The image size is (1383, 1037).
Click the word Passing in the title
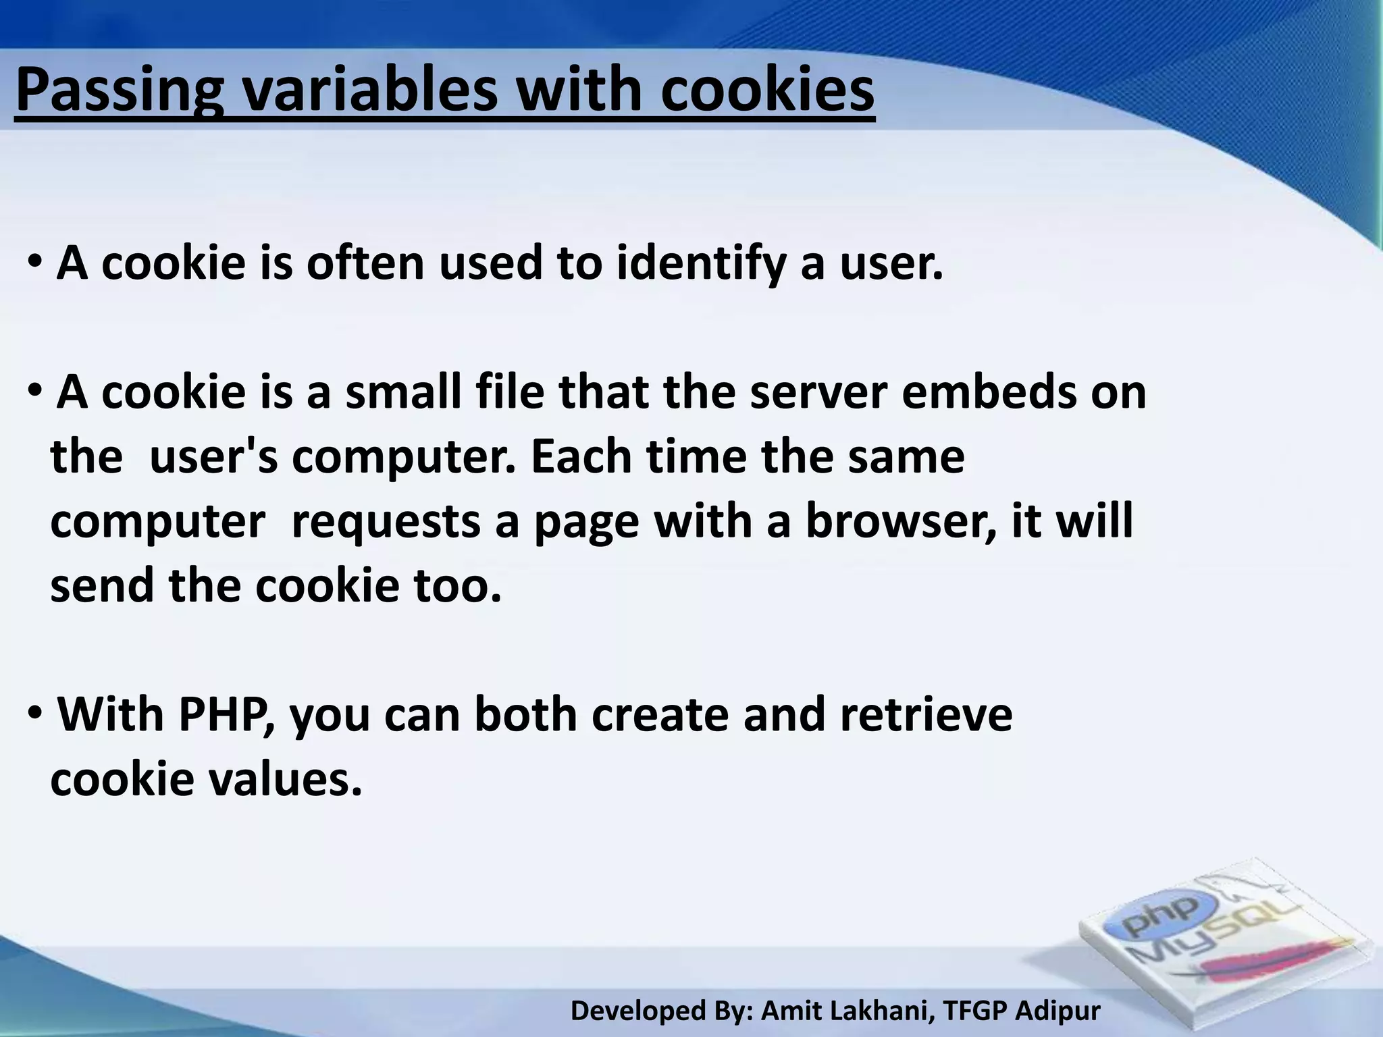pyautogui.click(x=119, y=90)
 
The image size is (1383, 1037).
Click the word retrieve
pyautogui.click(x=926, y=714)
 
